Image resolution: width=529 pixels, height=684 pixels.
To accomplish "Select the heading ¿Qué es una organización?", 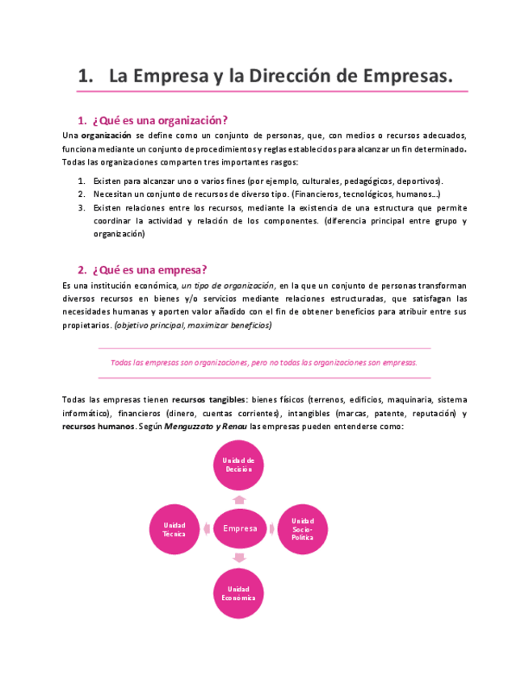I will tap(160, 120).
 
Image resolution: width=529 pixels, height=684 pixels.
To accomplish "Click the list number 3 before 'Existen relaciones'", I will tap(82, 207).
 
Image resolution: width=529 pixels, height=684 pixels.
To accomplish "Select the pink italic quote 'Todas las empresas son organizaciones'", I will tap(263, 362).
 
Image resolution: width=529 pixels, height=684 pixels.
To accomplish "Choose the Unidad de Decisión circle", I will tap(239, 465).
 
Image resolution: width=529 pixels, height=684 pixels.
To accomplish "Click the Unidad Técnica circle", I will tap(174, 529).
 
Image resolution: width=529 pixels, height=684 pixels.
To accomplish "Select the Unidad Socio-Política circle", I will tap(303, 529).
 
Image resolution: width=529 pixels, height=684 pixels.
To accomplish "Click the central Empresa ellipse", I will tap(239, 528).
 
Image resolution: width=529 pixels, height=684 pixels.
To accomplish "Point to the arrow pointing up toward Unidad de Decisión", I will tap(239, 500).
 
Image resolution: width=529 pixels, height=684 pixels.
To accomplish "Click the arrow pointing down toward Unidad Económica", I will tap(239, 558).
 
